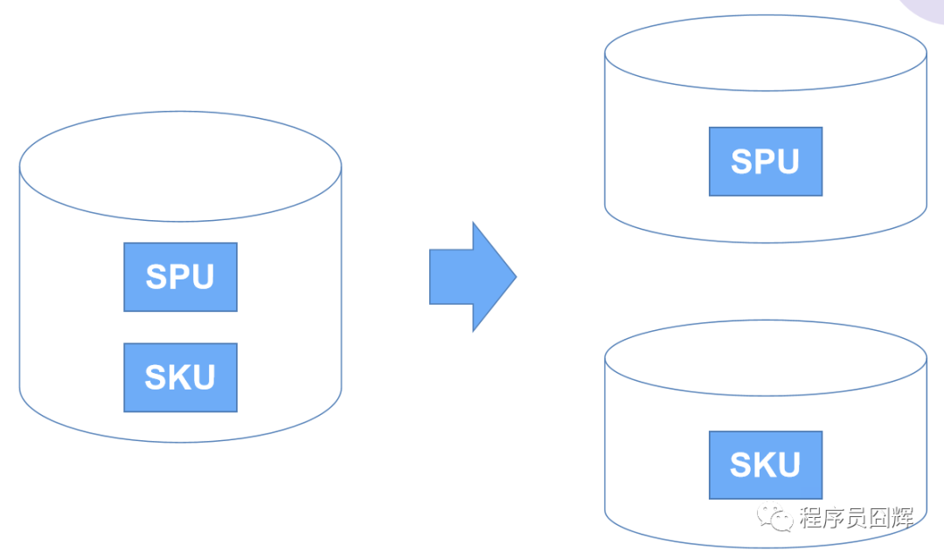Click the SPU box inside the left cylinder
pos(180,277)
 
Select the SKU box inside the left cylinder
pos(180,377)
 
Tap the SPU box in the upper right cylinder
pos(765,162)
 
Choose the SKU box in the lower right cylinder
pos(765,465)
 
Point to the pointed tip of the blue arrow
pos(514,277)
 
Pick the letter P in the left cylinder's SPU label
pos(180,277)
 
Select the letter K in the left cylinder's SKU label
pos(179,377)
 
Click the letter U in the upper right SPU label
pos(786,162)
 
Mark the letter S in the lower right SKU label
pos(742,465)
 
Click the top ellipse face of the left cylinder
pos(180,166)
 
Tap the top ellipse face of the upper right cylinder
pos(765,52)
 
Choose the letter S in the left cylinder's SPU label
pos(157,277)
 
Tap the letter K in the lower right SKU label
pos(764,465)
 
